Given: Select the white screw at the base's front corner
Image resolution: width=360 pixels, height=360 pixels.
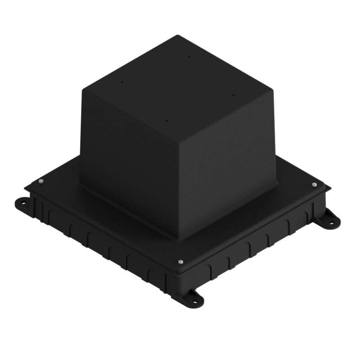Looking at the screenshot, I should (x=181, y=261).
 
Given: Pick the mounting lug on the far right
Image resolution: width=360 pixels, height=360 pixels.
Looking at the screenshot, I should (x=331, y=220).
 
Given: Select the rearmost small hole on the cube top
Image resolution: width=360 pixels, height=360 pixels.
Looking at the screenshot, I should (x=189, y=57).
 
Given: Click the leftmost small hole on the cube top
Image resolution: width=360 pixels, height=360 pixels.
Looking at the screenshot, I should (x=121, y=82).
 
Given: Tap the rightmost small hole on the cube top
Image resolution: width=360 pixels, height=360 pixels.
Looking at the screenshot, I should (x=233, y=95).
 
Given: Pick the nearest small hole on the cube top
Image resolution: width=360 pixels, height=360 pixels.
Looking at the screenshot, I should (x=166, y=121).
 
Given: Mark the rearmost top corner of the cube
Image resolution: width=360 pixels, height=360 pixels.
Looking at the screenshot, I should (x=179, y=35).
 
